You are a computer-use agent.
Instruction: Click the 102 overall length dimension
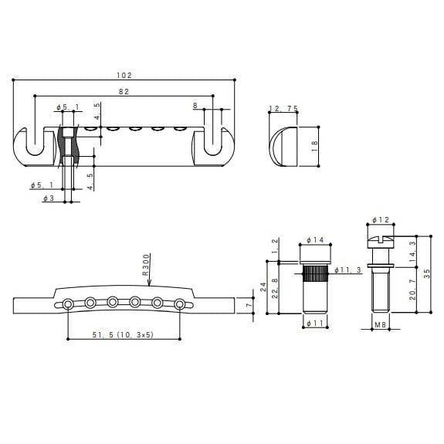[x=124, y=75]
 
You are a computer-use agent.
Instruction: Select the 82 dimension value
[x=124, y=91]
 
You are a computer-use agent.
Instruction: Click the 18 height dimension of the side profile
[x=314, y=145]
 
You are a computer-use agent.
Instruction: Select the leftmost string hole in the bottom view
[x=69, y=304]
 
